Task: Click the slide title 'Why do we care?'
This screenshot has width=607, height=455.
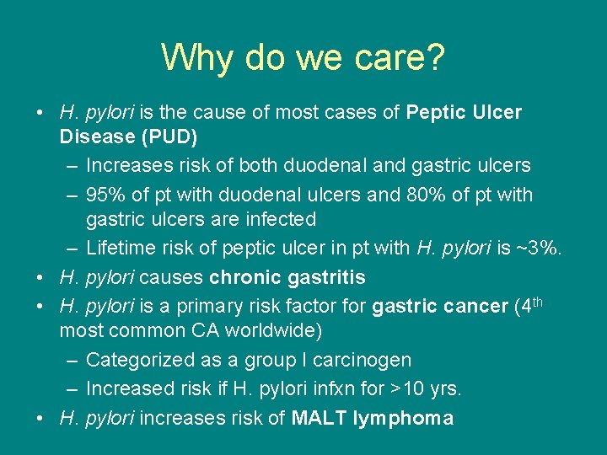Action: (303, 57)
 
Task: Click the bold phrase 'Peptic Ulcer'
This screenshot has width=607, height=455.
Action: (464, 112)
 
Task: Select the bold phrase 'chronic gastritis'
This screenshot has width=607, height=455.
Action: (287, 277)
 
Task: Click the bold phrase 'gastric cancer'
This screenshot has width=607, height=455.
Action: (439, 307)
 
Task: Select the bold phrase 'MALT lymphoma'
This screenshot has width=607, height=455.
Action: (372, 418)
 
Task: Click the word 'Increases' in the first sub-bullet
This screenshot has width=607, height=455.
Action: (127, 165)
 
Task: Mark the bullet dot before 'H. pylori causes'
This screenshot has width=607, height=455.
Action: (41, 277)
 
